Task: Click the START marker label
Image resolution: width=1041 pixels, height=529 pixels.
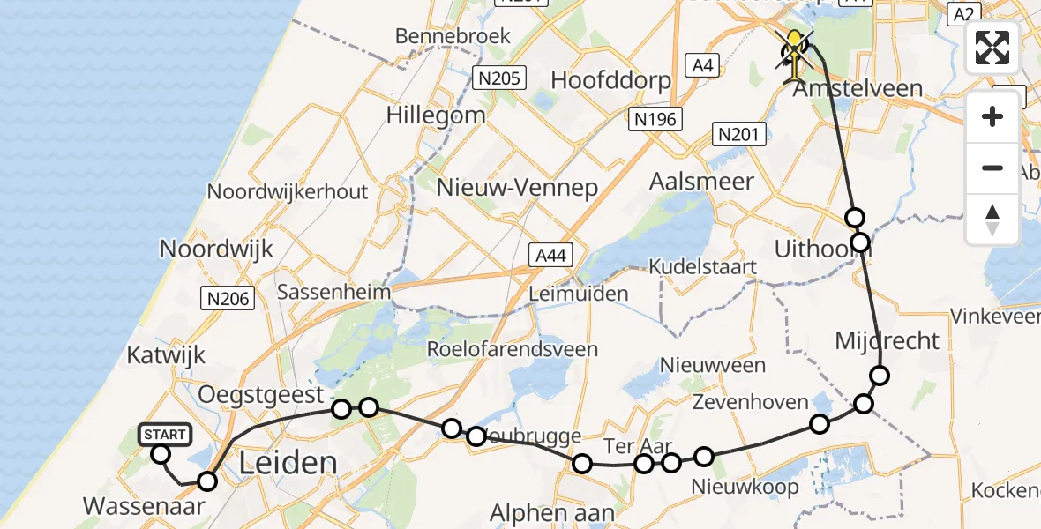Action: [164, 434]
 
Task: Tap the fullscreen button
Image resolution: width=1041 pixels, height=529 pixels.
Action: [992, 48]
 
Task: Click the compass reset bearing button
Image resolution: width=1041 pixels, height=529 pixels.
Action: [992, 220]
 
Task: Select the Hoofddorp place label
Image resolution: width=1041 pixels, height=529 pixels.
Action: [610, 80]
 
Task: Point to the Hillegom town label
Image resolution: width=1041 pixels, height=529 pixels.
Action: [436, 115]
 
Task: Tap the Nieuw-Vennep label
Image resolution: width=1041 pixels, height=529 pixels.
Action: [518, 187]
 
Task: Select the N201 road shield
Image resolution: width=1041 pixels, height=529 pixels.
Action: [738, 134]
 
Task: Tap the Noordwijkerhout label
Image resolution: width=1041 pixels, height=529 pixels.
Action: [287, 191]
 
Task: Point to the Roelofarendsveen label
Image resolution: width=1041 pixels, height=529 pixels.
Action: [512, 349]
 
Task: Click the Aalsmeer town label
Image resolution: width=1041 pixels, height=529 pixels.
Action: [701, 182]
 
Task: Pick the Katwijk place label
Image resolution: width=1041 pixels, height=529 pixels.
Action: [166, 355]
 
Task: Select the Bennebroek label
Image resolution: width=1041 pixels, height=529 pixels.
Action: [453, 37]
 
